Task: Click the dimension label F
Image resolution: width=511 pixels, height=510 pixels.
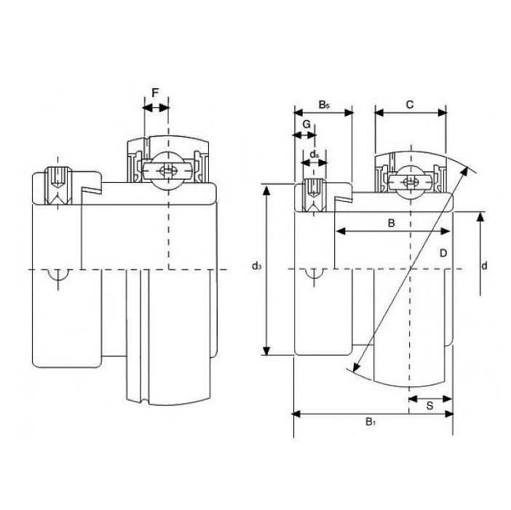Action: pyautogui.click(x=155, y=93)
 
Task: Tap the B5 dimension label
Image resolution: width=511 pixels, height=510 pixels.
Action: pyautogui.click(x=324, y=105)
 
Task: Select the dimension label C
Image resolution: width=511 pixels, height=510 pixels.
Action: pyautogui.click(x=410, y=104)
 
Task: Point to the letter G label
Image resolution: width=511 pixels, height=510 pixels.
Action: pyautogui.click(x=306, y=125)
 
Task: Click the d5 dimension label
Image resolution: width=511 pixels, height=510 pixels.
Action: pyautogui.click(x=314, y=154)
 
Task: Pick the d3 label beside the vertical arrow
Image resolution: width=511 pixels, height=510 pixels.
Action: pyautogui.click(x=257, y=266)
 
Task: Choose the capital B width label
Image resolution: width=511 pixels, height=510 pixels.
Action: pyautogui.click(x=392, y=223)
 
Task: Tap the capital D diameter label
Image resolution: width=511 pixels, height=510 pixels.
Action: pyautogui.click(x=443, y=253)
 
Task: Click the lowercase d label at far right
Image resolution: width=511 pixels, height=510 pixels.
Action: pyautogui.click(x=484, y=266)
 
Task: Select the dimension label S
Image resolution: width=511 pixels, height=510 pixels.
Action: pyautogui.click(x=430, y=406)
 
